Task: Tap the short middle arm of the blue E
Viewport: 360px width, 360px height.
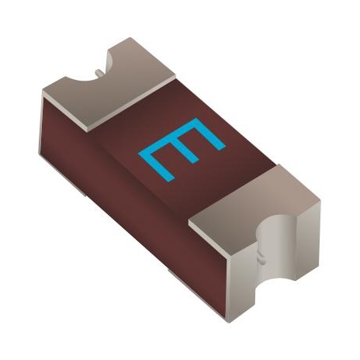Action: [x=187, y=150]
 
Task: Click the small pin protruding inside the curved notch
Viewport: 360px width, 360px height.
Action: [x=99, y=72]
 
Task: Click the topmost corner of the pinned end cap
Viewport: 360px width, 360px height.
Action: [x=130, y=38]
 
